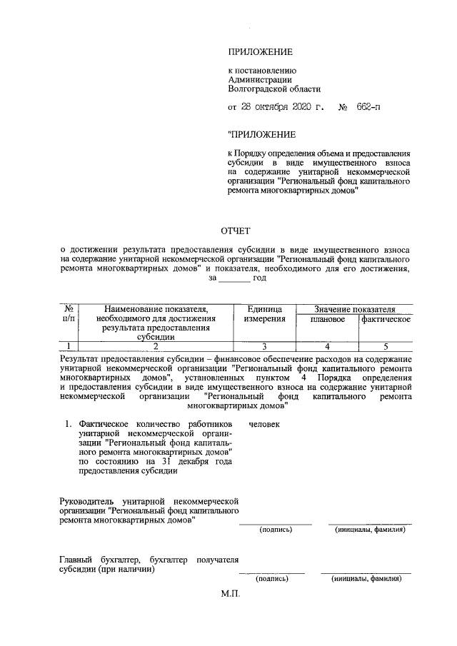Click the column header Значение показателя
(x=354, y=308)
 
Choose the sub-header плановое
(x=327, y=319)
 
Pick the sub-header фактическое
(x=386, y=319)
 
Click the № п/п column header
(x=70, y=313)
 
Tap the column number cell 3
(x=263, y=346)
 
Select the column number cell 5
(x=386, y=346)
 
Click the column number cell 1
(x=70, y=346)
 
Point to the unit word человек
(x=264, y=424)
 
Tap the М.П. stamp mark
(x=232, y=593)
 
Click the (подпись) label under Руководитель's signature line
(x=275, y=530)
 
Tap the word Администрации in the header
(x=256, y=80)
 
